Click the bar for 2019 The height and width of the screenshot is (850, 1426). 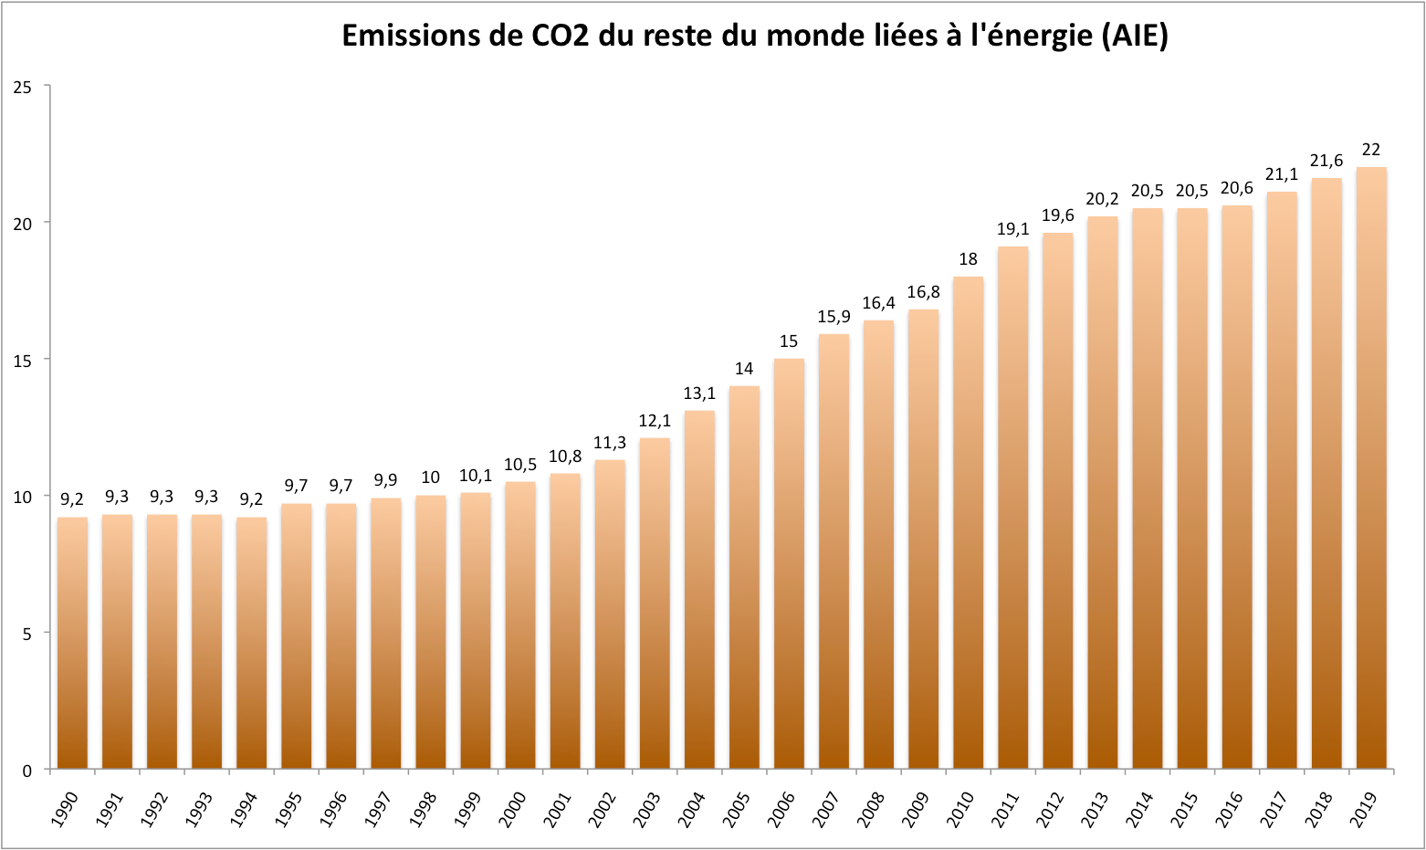[x=1370, y=467]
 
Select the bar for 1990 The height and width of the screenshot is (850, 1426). [x=72, y=643]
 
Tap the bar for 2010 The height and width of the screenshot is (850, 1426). [x=968, y=522]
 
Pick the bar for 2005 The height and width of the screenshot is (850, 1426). [x=744, y=577]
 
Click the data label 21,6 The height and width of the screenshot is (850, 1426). [x=1326, y=161]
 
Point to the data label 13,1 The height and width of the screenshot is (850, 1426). [x=699, y=394]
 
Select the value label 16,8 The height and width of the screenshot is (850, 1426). [x=923, y=292]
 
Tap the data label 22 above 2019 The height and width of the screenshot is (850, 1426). [x=1370, y=150]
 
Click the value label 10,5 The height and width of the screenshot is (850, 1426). [x=520, y=465]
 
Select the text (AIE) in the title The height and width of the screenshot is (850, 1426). [x=1134, y=36]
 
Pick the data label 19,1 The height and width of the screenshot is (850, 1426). [x=1012, y=229]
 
